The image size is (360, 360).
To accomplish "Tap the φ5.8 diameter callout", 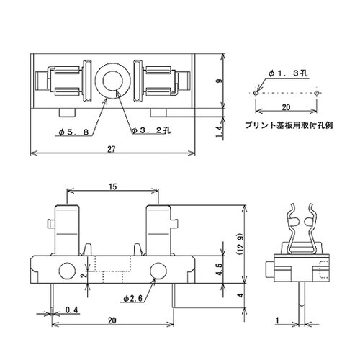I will (x=74, y=131).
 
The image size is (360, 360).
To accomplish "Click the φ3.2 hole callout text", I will (x=150, y=131).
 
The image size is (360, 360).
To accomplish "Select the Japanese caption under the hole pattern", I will (x=289, y=125).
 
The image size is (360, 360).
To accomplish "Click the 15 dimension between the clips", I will (x=112, y=186).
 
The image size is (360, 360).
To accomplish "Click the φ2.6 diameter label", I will (x=133, y=297).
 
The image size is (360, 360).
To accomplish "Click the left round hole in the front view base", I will (x=66, y=271).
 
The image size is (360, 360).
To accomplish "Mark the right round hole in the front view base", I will (x=158, y=271).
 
